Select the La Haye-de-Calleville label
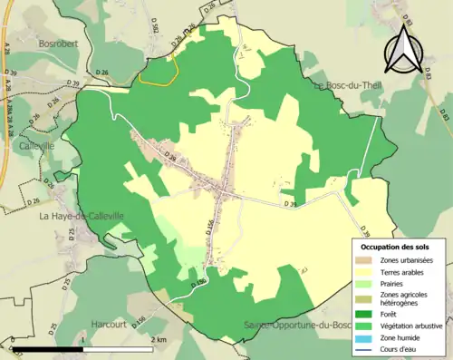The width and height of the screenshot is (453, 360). (x=81, y=216)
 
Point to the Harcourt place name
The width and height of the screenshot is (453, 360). (x=112, y=324)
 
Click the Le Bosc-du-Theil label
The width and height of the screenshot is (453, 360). (x=350, y=85)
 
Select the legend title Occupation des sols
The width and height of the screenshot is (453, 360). (x=397, y=247)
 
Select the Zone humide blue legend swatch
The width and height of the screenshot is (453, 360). (x=364, y=336)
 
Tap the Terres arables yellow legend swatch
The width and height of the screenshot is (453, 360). (x=364, y=271)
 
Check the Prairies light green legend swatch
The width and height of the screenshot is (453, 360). (x=364, y=282)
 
